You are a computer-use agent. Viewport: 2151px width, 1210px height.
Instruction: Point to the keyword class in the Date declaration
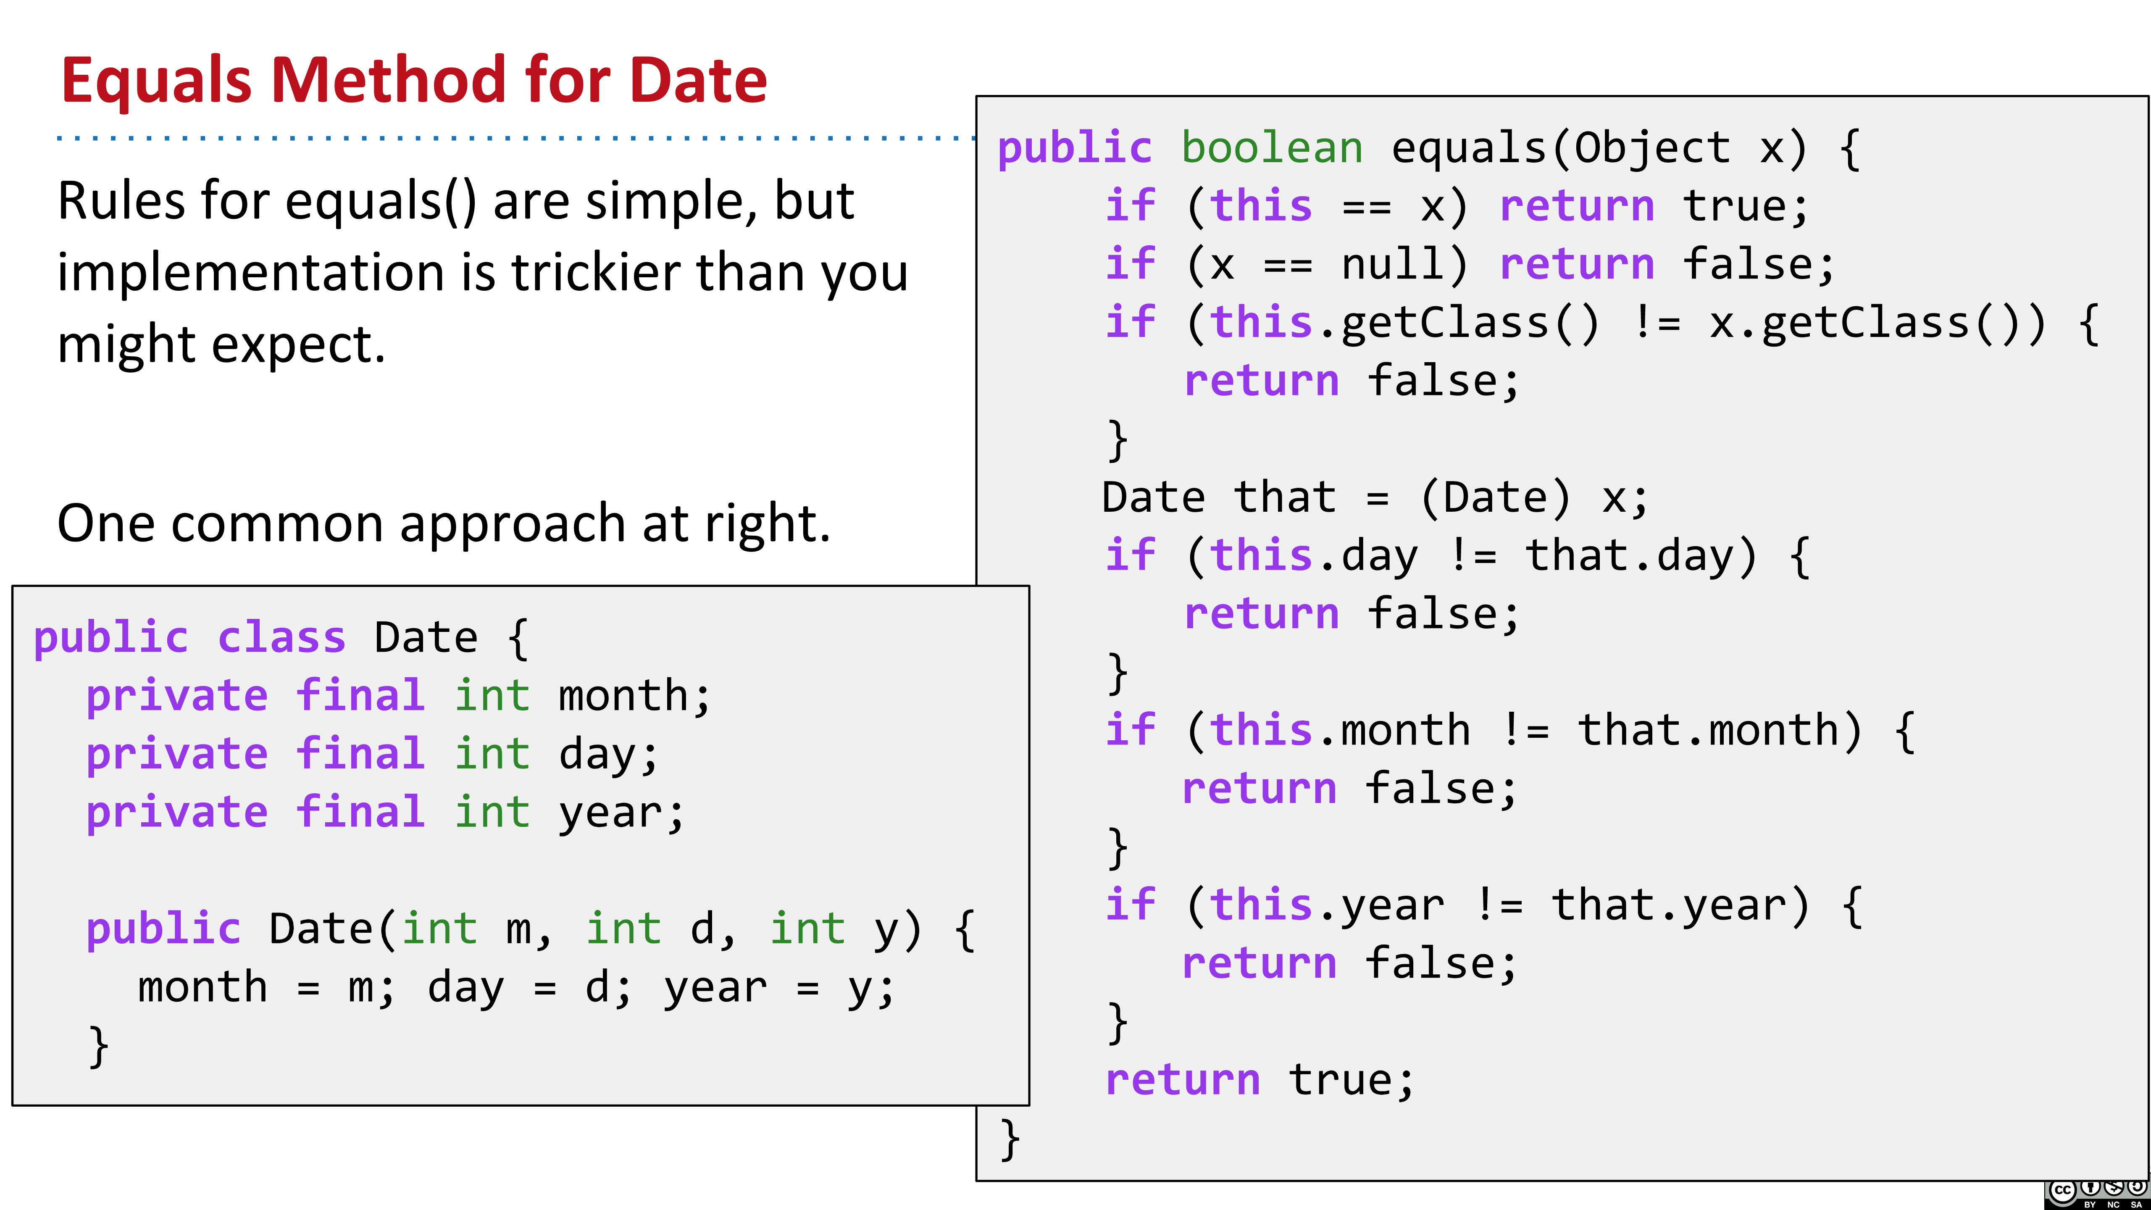click(x=281, y=638)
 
